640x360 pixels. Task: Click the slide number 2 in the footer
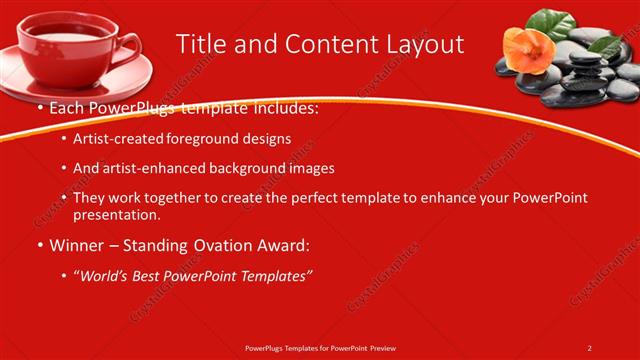tap(589, 348)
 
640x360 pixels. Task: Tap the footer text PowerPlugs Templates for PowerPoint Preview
tap(319, 348)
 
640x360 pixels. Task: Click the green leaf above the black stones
tap(551, 19)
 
